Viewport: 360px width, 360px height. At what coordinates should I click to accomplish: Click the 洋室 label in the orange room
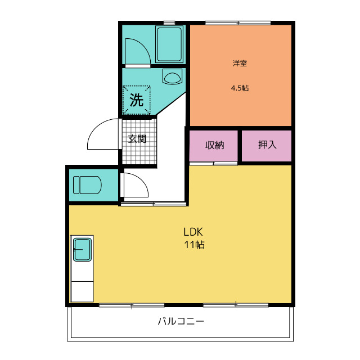pos(240,63)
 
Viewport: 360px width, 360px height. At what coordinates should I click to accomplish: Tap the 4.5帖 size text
pos(240,88)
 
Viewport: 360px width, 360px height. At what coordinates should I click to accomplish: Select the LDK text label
pos(193,232)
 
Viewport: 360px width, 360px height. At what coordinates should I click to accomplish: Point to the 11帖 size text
pos(194,245)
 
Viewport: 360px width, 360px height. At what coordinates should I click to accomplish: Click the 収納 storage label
pos(215,145)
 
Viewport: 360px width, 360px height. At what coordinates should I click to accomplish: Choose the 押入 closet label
pos(267,145)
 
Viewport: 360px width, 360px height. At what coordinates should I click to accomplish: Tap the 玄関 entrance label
pos(137,139)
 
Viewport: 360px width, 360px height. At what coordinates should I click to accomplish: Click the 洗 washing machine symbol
pos(137,100)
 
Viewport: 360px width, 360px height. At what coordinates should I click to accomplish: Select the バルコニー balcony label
pos(181,321)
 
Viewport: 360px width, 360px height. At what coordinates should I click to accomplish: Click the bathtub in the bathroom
pos(170,44)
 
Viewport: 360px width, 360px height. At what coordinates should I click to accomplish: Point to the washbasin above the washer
pos(172,76)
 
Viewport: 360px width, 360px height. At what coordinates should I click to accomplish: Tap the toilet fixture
pos(87,185)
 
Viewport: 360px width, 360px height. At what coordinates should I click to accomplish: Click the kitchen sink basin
pos(83,250)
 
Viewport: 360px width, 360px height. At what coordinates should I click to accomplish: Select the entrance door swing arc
pos(96,129)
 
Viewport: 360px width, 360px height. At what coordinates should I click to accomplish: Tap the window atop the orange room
pos(238,23)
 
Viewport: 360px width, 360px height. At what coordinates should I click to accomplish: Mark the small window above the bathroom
pos(169,22)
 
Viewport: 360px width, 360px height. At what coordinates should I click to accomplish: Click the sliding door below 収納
pos(213,164)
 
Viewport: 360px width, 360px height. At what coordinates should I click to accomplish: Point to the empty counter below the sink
pos(82,291)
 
